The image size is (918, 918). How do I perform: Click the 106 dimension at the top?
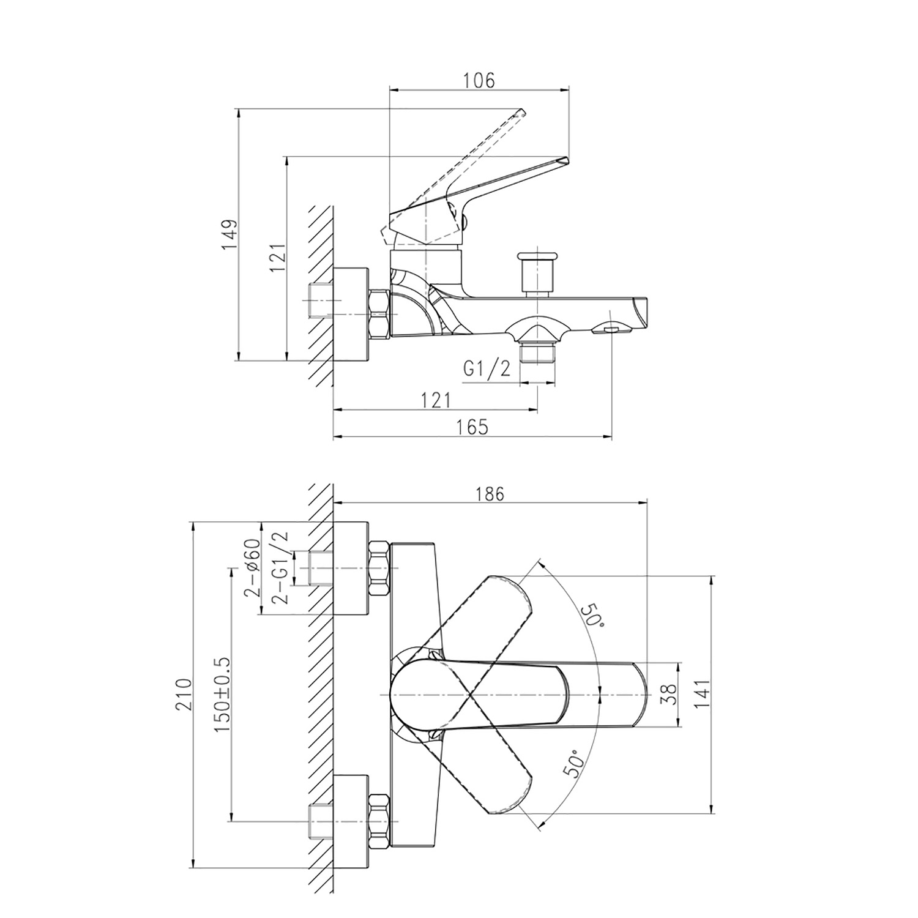479,80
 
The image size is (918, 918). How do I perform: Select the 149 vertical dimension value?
228,234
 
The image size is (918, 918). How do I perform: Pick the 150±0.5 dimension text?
222,695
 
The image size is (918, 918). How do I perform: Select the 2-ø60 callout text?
252,569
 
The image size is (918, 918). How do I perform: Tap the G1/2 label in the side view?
487,369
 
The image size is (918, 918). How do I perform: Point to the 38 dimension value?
671,695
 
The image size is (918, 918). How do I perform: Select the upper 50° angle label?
592,614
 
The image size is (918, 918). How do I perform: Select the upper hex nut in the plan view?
379,569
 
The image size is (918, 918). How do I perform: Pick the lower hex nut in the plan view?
379,820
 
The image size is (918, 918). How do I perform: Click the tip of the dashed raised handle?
521,111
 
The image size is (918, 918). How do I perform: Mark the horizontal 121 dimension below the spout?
436,400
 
